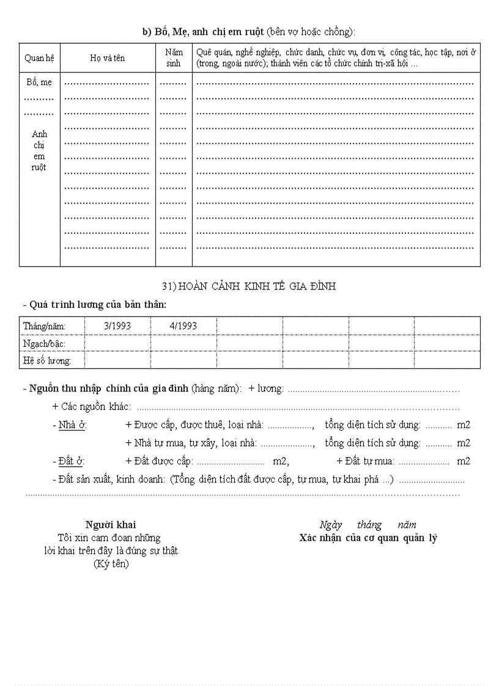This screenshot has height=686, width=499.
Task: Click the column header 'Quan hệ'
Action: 39,58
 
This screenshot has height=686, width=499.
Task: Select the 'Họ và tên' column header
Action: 107,58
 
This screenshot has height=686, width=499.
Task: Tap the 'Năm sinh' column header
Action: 174,58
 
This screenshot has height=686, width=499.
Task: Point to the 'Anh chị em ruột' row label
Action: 39,150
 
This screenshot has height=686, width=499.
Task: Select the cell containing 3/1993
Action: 117,326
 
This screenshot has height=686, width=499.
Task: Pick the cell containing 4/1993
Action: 183,326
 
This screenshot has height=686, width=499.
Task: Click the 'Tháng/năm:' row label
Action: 44,326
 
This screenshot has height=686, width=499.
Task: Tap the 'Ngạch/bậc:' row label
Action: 44,344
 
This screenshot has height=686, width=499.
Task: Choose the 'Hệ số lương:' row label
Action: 47,361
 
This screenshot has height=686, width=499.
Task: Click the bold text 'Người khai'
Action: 111,525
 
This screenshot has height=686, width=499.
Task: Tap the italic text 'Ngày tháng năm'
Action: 368,525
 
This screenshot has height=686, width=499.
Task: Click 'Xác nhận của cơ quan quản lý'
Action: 368,538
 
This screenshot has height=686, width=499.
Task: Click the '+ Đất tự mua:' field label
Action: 365,461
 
